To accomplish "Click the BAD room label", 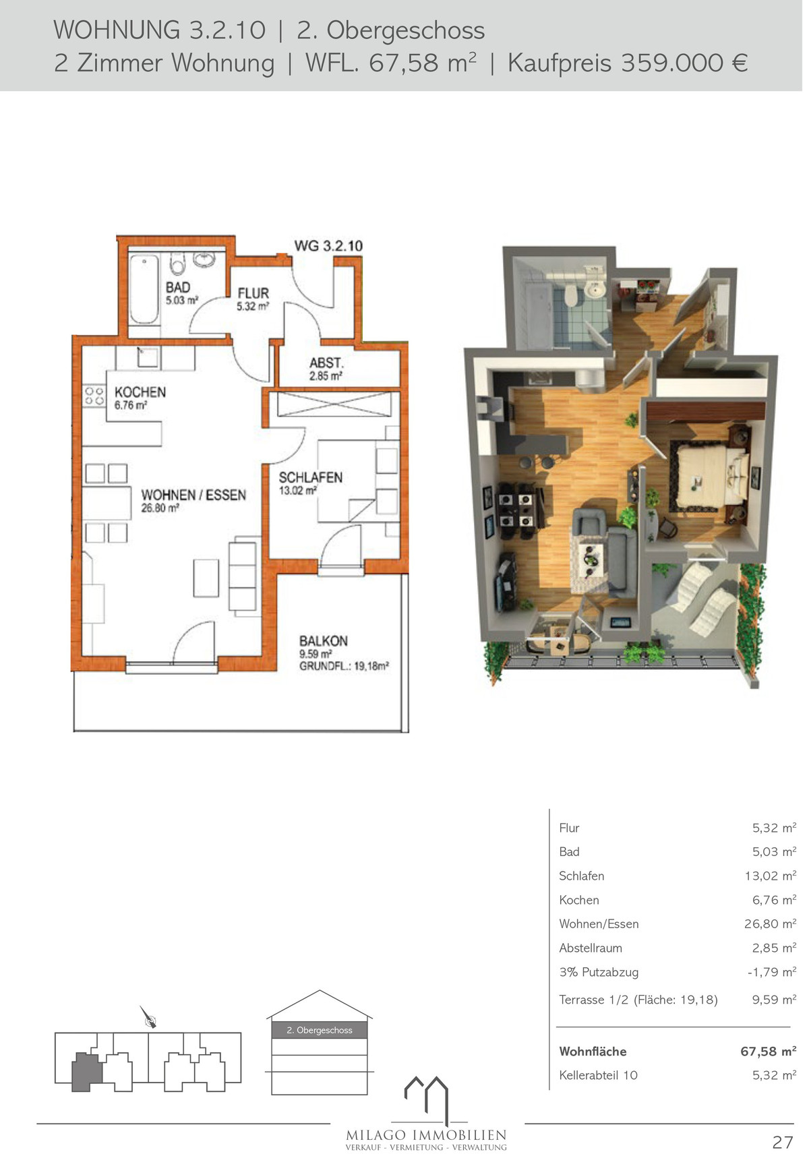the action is (178, 287).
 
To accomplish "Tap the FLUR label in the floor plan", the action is (253, 293).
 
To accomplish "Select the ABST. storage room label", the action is (327, 363).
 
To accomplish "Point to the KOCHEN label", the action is (140, 392).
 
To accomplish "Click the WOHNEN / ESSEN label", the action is (193, 495).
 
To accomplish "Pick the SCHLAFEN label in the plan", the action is (311, 477).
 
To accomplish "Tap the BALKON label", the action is (324, 641).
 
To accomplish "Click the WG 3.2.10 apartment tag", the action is (328, 246).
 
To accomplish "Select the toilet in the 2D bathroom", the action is (178, 263).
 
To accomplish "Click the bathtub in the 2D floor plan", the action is (144, 289).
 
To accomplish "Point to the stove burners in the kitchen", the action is (94, 396).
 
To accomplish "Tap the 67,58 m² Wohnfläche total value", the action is (768, 1051).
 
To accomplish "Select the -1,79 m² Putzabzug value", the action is (771, 972).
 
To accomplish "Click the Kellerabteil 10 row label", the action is (598, 1075).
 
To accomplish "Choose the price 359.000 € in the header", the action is (684, 63).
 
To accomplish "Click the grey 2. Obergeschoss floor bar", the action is (320, 1030).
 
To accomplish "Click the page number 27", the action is (783, 1142).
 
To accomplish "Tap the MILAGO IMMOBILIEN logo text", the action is (426, 1135).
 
